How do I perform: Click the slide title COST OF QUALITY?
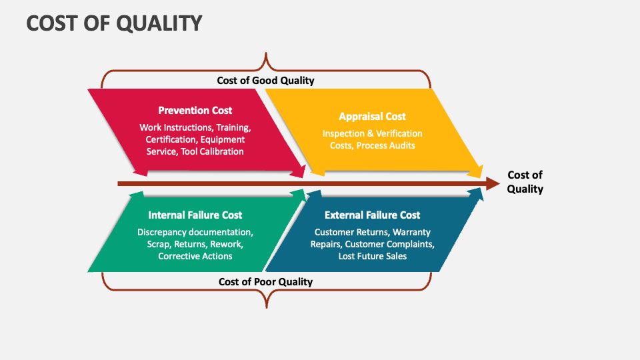coord(114,23)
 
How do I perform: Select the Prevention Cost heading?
coord(195,110)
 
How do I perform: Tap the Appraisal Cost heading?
coord(372,116)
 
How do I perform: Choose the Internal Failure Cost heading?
coord(195,215)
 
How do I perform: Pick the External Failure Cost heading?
coord(372,215)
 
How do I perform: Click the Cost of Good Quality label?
coord(265,80)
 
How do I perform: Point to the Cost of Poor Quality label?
coord(265,281)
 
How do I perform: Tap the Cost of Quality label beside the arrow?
coord(525,181)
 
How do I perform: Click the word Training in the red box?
coord(232,127)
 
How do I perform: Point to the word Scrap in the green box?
coord(159,244)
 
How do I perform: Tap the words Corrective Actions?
coord(195,256)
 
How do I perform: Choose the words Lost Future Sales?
coord(372,256)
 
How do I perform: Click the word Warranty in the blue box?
coord(411,232)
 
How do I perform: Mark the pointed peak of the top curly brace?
coord(266,54)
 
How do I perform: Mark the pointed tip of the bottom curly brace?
coord(266,307)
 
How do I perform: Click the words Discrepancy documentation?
coord(195,232)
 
